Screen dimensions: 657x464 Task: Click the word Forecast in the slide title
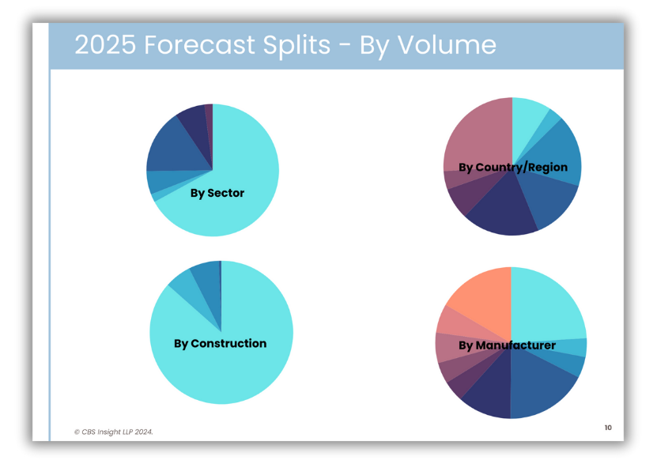pos(199,44)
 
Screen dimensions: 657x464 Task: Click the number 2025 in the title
pos(105,44)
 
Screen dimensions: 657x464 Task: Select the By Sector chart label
pos(217,193)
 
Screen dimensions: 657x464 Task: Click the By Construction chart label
pos(220,344)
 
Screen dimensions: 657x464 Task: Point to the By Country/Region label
pos(513,168)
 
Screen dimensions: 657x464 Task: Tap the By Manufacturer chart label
pos(507,345)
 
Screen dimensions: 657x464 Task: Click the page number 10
pos(608,428)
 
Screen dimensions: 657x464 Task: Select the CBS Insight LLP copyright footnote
pos(114,432)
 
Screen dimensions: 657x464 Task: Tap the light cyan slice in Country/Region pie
pos(527,122)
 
